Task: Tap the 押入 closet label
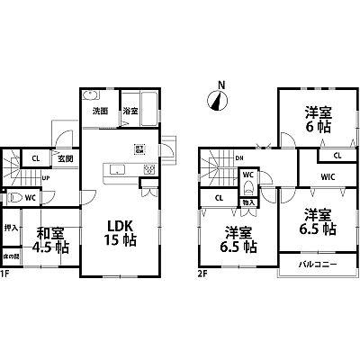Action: pos(11,229)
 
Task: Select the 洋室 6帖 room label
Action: pos(317,120)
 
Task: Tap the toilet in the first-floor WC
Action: pos(14,198)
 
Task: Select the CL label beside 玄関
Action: pos(35,159)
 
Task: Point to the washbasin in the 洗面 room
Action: pos(90,96)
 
